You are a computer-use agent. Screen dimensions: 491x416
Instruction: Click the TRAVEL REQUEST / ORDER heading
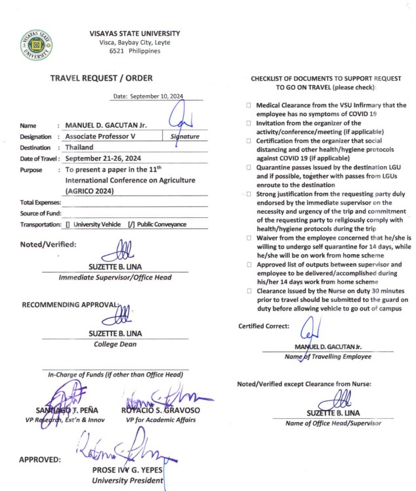[x=111, y=79]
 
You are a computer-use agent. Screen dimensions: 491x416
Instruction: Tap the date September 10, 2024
[x=157, y=96]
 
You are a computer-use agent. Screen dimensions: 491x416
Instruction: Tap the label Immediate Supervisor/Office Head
[x=115, y=277]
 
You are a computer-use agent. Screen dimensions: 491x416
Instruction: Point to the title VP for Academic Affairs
[x=161, y=419]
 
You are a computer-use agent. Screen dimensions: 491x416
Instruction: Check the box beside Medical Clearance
[x=249, y=105]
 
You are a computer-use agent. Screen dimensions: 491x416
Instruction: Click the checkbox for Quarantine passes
[x=249, y=167]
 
